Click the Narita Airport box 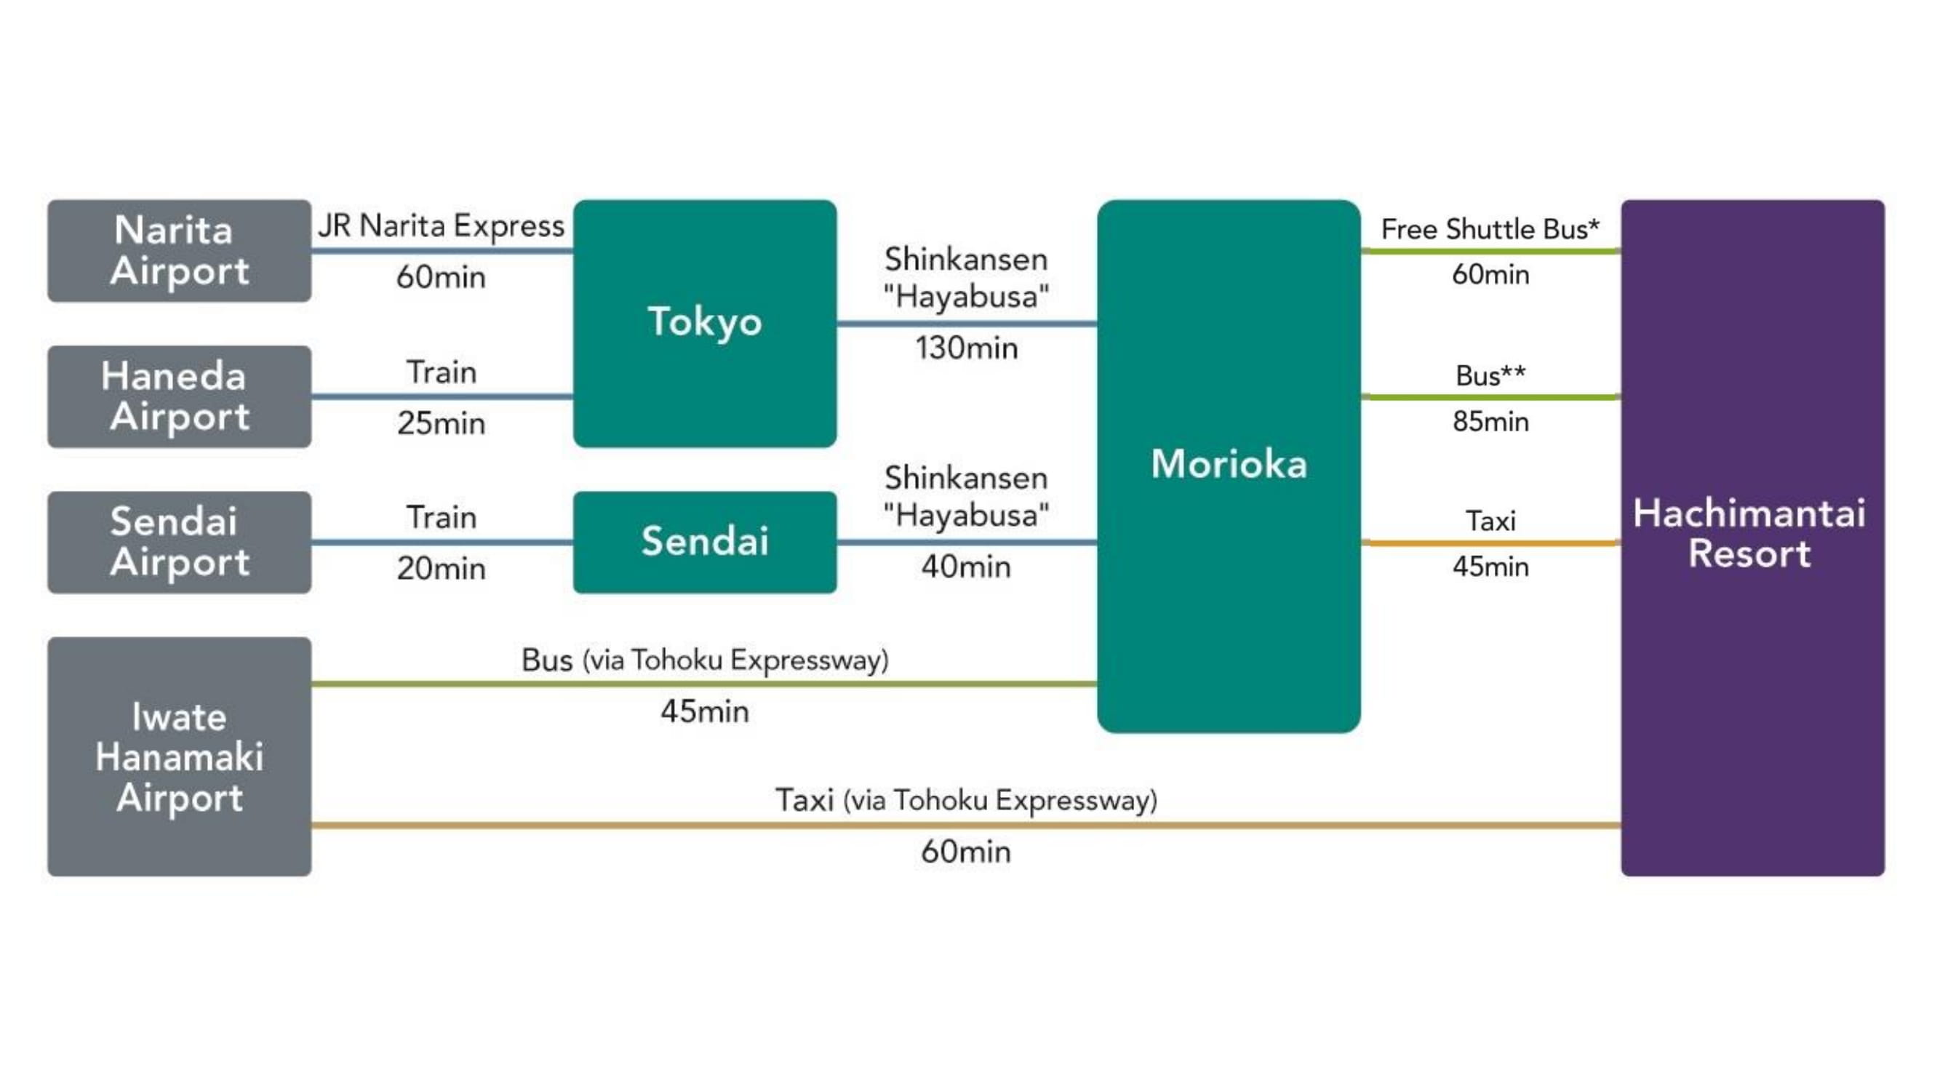pyautogui.click(x=179, y=251)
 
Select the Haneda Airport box pyautogui.click(x=179, y=396)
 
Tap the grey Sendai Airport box pyautogui.click(x=179, y=542)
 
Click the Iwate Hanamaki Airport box pyautogui.click(x=179, y=756)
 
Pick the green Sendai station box pyautogui.click(x=704, y=542)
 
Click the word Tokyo pyautogui.click(x=704, y=321)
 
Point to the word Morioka pyautogui.click(x=1229, y=464)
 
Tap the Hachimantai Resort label pyautogui.click(x=1749, y=533)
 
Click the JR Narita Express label pyautogui.click(x=441, y=226)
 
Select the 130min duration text pyautogui.click(x=966, y=348)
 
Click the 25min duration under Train pyautogui.click(x=441, y=423)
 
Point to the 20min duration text pyautogui.click(x=441, y=569)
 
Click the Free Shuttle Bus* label pyautogui.click(x=1490, y=229)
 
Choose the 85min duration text pyautogui.click(x=1490, y=422)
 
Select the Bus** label pyautogui.click(x=1490, y=376)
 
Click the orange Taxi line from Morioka pyautogui.click(x=1490, y=543)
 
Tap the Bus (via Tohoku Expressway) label pyautogui.click(x=704, y=660)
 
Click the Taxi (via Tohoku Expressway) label pyautogui.click(x=966, y=800)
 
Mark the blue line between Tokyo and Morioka pyautogui.click(x=966, y=324)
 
